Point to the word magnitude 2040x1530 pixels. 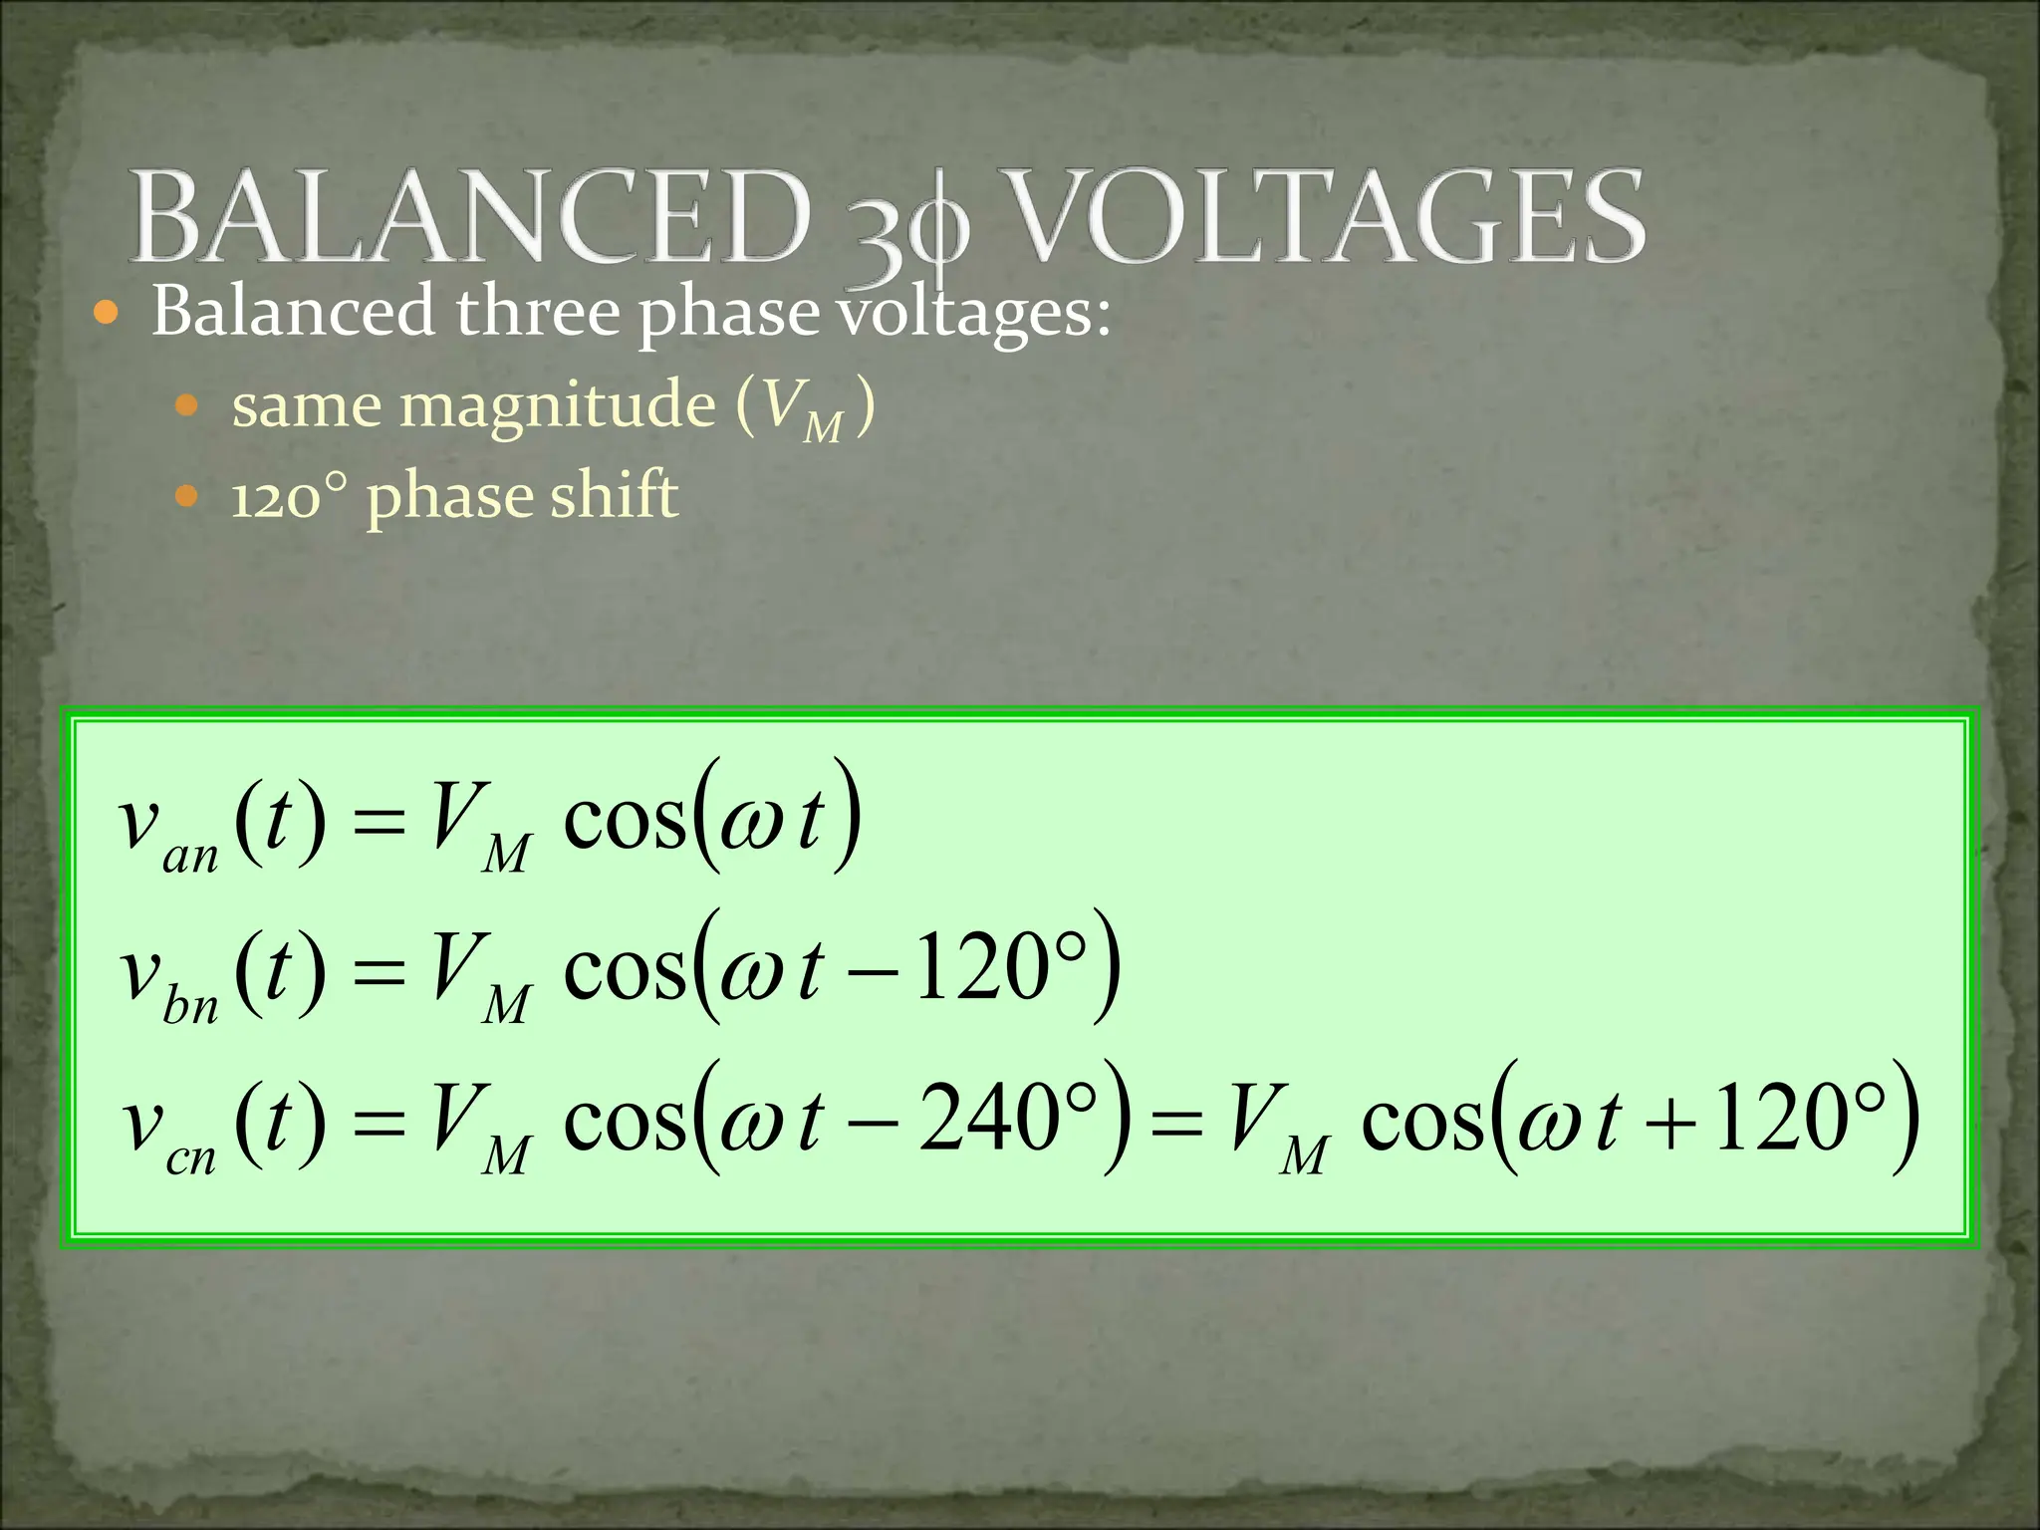pos(557,406)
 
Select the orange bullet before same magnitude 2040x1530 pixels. pos(186,406)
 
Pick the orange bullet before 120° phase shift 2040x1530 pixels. pos(186,495)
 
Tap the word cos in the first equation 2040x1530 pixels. pos(625,822)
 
